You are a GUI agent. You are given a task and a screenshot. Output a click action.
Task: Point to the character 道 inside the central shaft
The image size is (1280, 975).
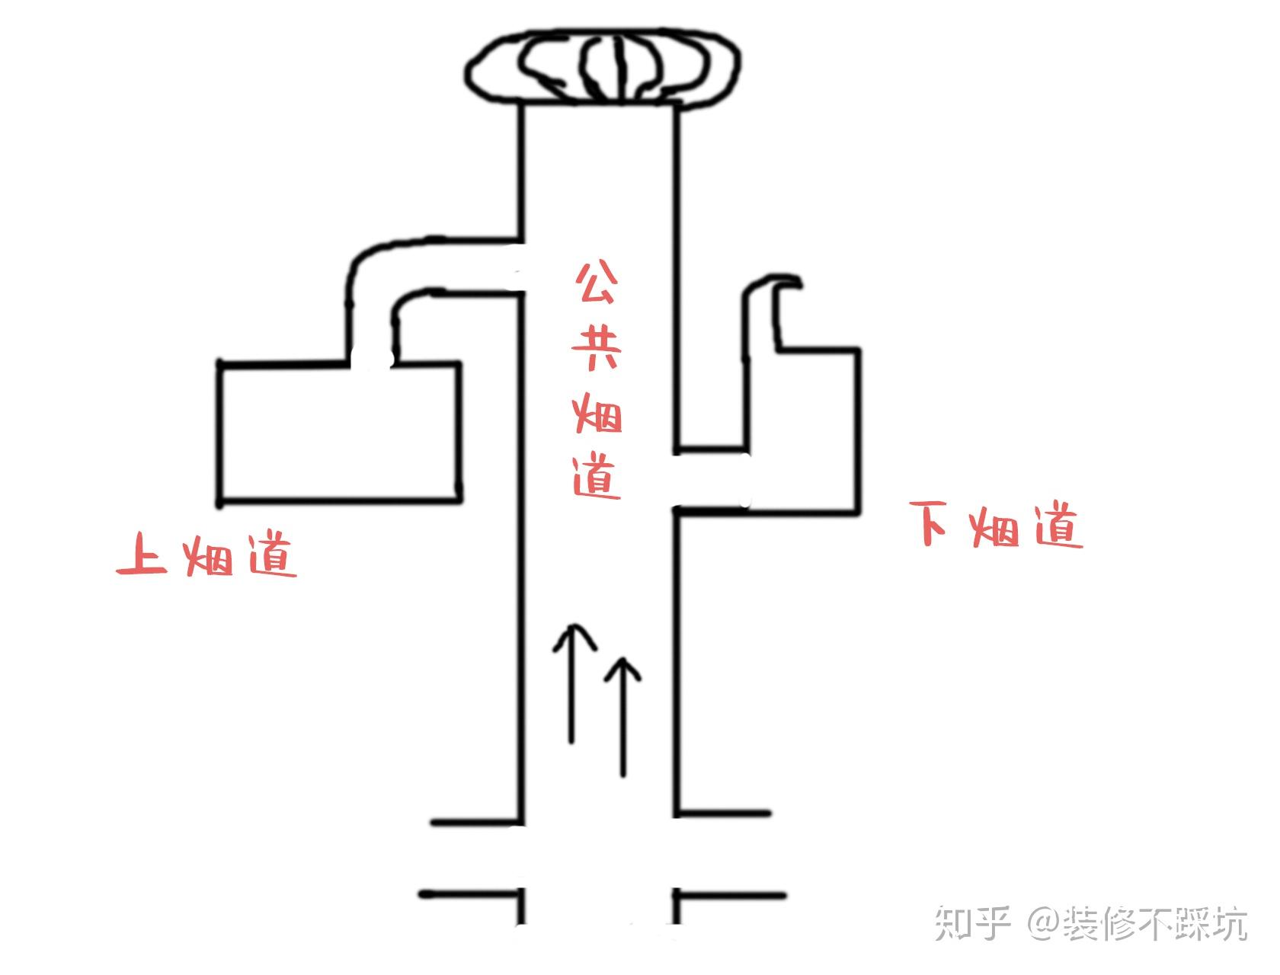[x=597, y=478]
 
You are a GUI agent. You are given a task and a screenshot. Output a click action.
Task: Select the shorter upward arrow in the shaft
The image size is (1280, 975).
[x=624, y=716]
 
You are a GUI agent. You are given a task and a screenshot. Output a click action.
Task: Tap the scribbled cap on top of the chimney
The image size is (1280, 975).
[x=603, y=67]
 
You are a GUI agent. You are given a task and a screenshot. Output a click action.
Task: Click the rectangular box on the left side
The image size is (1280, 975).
[x=340, y=433]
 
